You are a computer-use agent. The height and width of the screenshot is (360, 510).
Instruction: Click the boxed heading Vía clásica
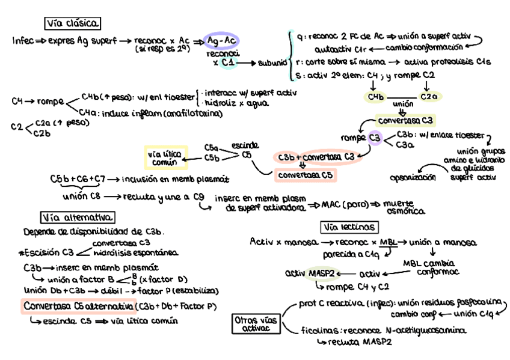click(x=73, y=23)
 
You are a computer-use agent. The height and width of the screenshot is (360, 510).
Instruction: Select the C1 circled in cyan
click(x=227, y=62)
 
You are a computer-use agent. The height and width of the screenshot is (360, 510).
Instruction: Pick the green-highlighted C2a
click(x=429, y=96)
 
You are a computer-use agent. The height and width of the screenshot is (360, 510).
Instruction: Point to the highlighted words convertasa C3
click(x=405, y=120)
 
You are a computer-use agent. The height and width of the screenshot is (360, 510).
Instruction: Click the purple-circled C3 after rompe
click(x=375, y=138)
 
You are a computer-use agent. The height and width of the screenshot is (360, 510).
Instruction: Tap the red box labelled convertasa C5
click(x=305, y=175)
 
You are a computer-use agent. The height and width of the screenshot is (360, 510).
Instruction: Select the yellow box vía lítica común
click(x=165, y=157)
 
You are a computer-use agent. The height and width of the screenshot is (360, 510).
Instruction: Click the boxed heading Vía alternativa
click(x=78, y=217)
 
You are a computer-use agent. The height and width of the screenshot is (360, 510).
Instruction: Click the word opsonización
click(x=413, y=178)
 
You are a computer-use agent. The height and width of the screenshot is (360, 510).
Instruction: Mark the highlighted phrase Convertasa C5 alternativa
click(x=78, y=306)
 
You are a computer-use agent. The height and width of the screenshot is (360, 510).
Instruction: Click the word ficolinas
click(x=318, y=330)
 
